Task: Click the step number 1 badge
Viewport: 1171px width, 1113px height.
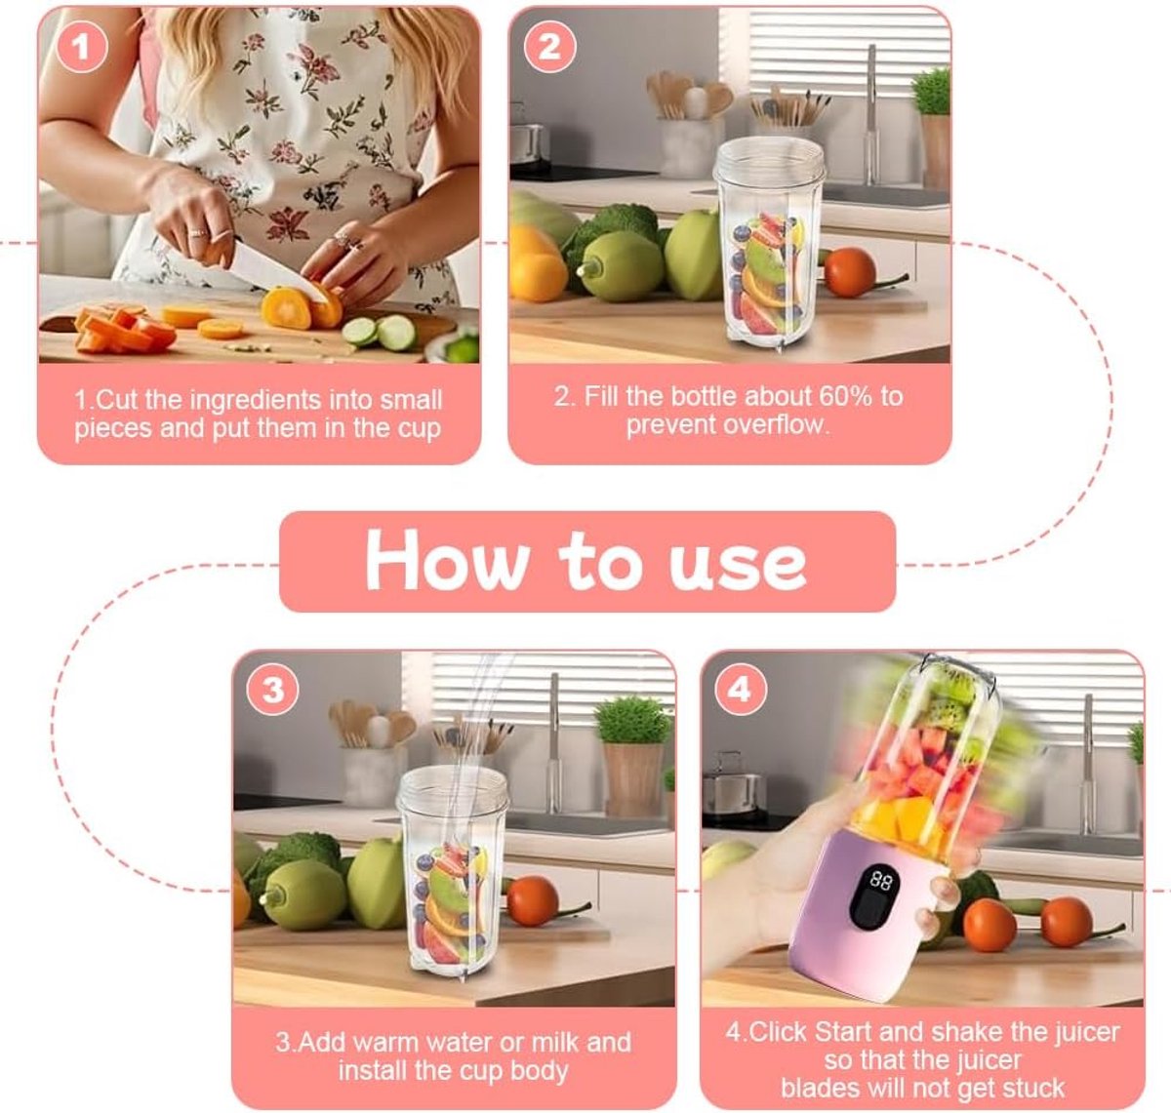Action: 82,47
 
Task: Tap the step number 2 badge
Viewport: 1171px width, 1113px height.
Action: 549,47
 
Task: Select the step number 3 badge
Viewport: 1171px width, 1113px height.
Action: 273,691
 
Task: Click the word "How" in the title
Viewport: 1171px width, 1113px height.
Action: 447,560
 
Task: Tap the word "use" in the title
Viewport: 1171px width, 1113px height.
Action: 738,567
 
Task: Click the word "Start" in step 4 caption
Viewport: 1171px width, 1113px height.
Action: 841,1032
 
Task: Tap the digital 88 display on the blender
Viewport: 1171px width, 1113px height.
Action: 880,880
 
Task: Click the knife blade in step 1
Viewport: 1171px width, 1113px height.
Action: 276,271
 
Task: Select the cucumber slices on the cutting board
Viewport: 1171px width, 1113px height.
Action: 380,332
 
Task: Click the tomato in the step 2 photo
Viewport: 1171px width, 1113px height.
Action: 849,272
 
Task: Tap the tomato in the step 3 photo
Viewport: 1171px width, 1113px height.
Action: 533,901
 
